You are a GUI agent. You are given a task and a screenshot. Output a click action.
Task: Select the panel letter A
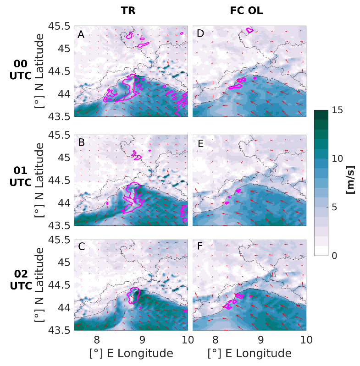[81, 34]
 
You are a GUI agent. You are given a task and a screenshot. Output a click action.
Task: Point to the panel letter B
[81, 143]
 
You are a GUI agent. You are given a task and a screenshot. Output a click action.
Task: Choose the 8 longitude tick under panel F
[215, 340]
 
